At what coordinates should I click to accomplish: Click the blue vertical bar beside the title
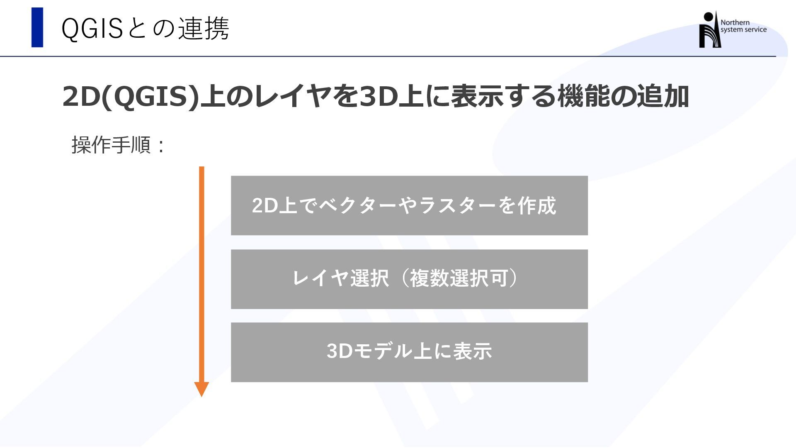coord(37,27)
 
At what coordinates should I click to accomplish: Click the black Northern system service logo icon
coord(709,30)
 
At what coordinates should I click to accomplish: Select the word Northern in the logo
coord(735,22)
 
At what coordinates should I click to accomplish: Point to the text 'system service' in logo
coord(743,30)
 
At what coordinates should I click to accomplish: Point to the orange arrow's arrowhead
coord(201,389)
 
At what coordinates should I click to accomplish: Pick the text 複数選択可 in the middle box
coord(459,278)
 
